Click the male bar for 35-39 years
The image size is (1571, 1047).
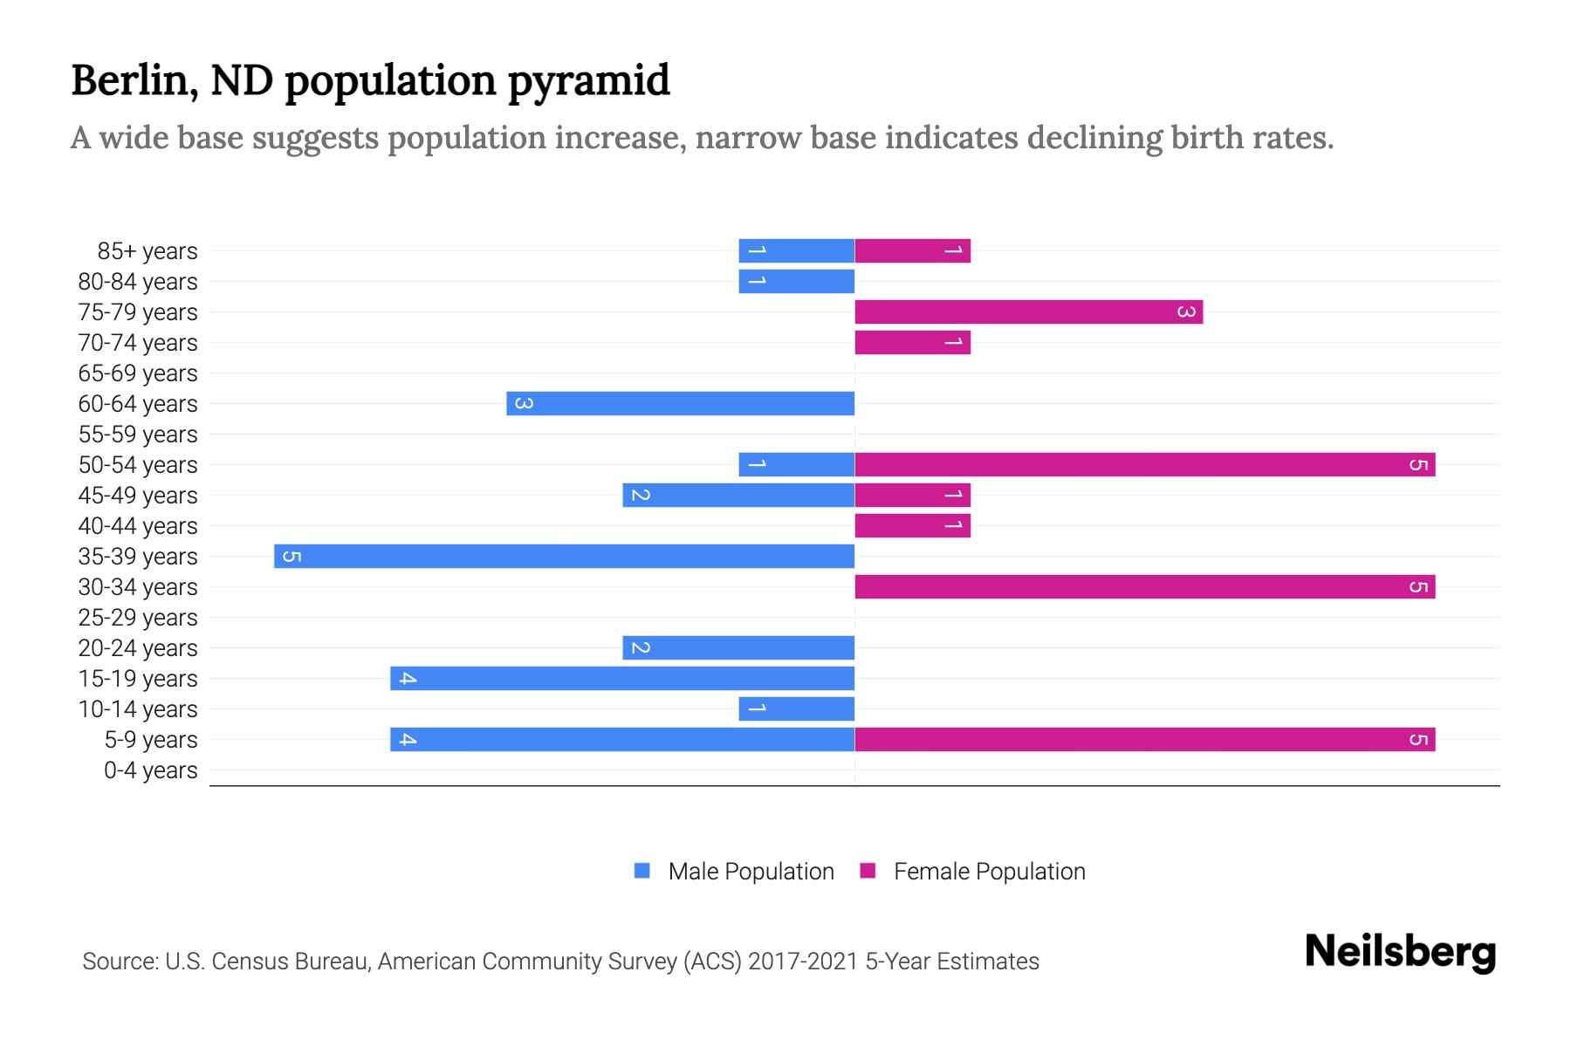point(564,556)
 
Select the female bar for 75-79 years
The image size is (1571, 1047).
point(1028,311)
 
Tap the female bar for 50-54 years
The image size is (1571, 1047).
point(1144,464)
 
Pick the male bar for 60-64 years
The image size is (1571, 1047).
point(680,403)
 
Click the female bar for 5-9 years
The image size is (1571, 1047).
point(1144,739)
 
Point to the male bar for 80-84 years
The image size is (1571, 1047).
point(796,281)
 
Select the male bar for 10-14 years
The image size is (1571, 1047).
point(796,708)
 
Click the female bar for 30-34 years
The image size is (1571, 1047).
point(1144,586)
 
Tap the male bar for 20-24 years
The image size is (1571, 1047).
point(737,647)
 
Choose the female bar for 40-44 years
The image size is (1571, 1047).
point(912,525)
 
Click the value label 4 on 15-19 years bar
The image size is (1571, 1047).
point(408,678)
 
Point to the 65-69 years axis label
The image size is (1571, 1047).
point(138,373)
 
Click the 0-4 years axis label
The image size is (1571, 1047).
point(150,770)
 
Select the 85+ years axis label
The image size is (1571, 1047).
point(147,251)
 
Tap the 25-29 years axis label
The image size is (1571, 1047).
point(138,618)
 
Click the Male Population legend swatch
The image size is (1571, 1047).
point(642,871)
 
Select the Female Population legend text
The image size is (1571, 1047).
point(989,871)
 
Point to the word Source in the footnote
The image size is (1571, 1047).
point(120,961)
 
